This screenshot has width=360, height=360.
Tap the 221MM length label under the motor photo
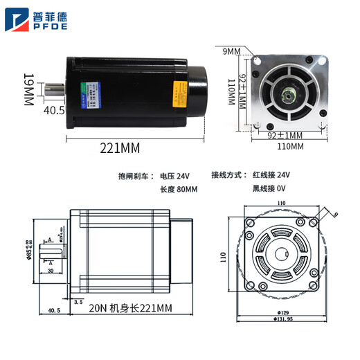pos(119,148)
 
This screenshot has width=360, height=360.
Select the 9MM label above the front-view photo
pos(231,51)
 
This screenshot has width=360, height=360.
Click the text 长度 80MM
pos(179,189)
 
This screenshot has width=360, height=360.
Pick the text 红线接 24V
pos(272,176)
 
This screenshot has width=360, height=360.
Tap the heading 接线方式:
pos(228,176)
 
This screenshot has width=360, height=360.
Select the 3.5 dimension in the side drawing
pos(78,302)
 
